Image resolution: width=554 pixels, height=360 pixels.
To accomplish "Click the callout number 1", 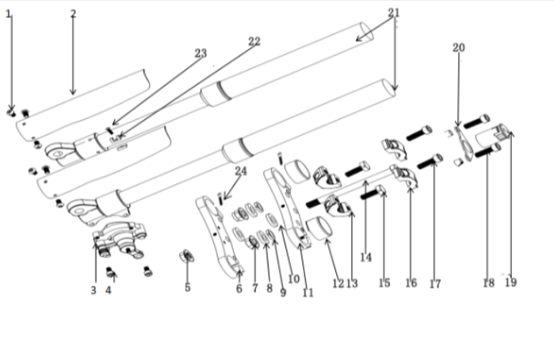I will click(x=9, y=15).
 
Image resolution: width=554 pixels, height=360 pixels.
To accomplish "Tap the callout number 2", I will click(x=73, y=14).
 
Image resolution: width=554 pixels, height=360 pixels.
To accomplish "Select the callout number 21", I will click(x=394, y=13).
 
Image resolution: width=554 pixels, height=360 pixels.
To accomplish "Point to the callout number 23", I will click(x=201, y=54).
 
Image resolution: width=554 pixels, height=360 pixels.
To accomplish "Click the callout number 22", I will click(x=254, y=41).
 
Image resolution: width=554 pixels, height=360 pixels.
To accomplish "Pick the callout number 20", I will click(x=458, y=48).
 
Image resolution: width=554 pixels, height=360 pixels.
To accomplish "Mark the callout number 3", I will click(x=93, y=290).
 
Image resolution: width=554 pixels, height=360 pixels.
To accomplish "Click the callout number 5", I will click(x=187, y=287).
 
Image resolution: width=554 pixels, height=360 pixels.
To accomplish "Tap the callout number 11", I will click(x=308, y=293).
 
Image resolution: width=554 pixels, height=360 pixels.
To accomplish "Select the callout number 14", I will click(x=365, y=257).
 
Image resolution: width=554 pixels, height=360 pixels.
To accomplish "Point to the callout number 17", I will click(x=434, y=283).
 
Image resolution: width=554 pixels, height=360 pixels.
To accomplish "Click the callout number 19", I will click(x=510, y=282).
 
